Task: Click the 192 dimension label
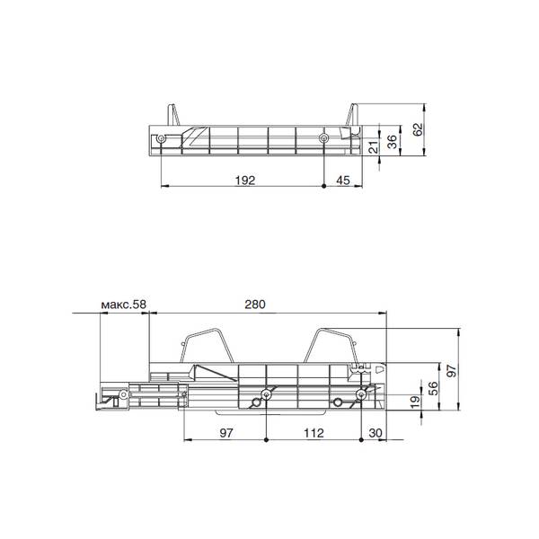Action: pyautogui.click(x=245, y=181)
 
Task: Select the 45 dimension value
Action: pyautogui.click(x=343, y=181)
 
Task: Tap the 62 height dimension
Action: pyautogui.click(x=418, y=129)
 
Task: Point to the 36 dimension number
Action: pyautogui.click(x=392, y=141)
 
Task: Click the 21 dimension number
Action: pyautogui.click(x=374, y=146)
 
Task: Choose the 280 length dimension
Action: pyautogui.click(x=255, y=305)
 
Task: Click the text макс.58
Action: pyautogui.click(x=124, y=305)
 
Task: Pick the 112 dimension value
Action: pyautogui.click(x=314, y=433)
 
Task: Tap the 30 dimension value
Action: pyautogui.click(x=376, y=433)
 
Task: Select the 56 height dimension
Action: pyautogui.click(x=434, y=388)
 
